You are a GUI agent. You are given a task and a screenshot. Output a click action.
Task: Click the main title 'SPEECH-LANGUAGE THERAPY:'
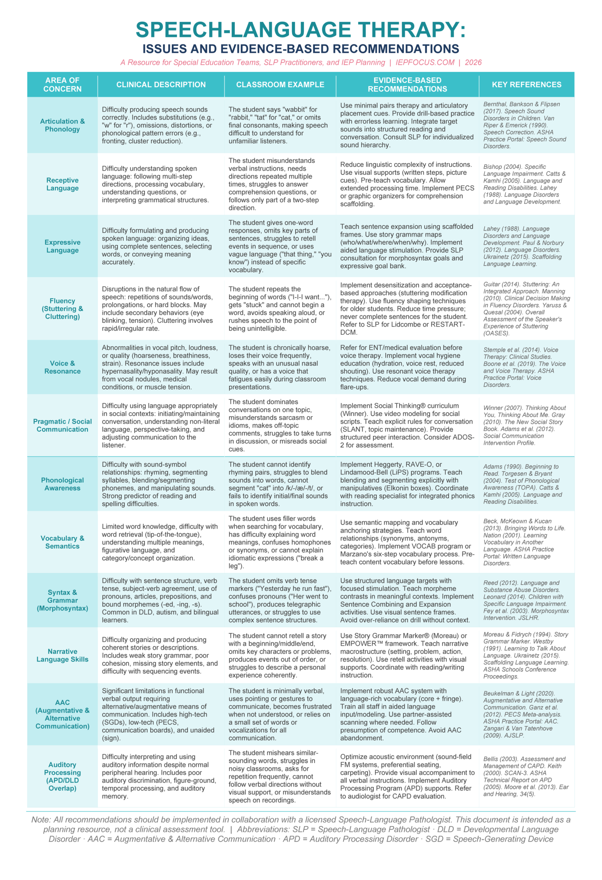tap(301, 30)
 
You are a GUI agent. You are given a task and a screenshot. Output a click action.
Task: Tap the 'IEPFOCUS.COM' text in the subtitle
tap(425, 63)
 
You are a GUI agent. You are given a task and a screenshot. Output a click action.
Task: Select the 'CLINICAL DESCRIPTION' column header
tap(161, 85)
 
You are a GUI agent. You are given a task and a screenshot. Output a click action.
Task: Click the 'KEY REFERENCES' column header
tap(526, 85)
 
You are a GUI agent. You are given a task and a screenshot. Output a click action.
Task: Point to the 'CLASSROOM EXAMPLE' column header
tap(280, 85)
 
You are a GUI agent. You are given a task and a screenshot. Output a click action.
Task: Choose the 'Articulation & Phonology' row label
tap(63, 125)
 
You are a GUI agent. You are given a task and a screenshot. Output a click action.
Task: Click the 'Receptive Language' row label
tap(63, 184)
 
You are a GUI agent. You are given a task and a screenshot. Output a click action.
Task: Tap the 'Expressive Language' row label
tap(63, 246)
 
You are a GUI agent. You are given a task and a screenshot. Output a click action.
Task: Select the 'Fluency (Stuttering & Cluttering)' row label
tap(63, 309)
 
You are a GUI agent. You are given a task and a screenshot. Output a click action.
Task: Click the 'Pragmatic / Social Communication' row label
tap(63, 425)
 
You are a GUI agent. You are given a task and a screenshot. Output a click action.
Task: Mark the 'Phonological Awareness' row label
tap(63, 484)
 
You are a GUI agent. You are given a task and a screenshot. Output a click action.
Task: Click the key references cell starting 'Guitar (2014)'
tap(526, 309)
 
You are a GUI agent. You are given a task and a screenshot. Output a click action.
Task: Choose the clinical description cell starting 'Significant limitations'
tap(161, 714)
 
